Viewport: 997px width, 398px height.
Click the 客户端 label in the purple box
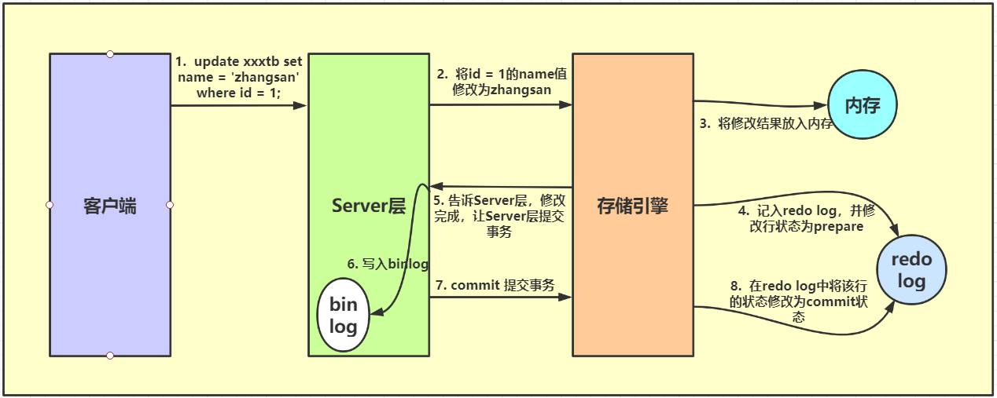(x=109, y=206)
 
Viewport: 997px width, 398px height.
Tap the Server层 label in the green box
(x=368, y=206)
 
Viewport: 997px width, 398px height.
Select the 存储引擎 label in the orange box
(x=632, y=206)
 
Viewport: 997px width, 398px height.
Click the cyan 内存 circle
(x=862, y=105)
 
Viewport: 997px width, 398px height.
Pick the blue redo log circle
(x=911, y=271)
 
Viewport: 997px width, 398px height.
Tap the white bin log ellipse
(x=344, y=316)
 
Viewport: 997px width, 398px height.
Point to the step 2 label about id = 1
(x=502, y=82)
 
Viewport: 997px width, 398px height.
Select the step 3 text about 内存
(x=766, y=124)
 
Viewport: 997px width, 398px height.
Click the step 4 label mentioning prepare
(x=806, y=219)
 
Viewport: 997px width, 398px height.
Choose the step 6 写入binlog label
(x=388, y=264)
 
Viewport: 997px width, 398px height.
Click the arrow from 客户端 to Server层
(x=238, y=105)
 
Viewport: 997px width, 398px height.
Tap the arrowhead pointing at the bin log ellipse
(x=376, y=312)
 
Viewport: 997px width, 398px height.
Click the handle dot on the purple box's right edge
(x=170, y=205)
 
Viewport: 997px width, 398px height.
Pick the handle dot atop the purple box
(x=110, y=54)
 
